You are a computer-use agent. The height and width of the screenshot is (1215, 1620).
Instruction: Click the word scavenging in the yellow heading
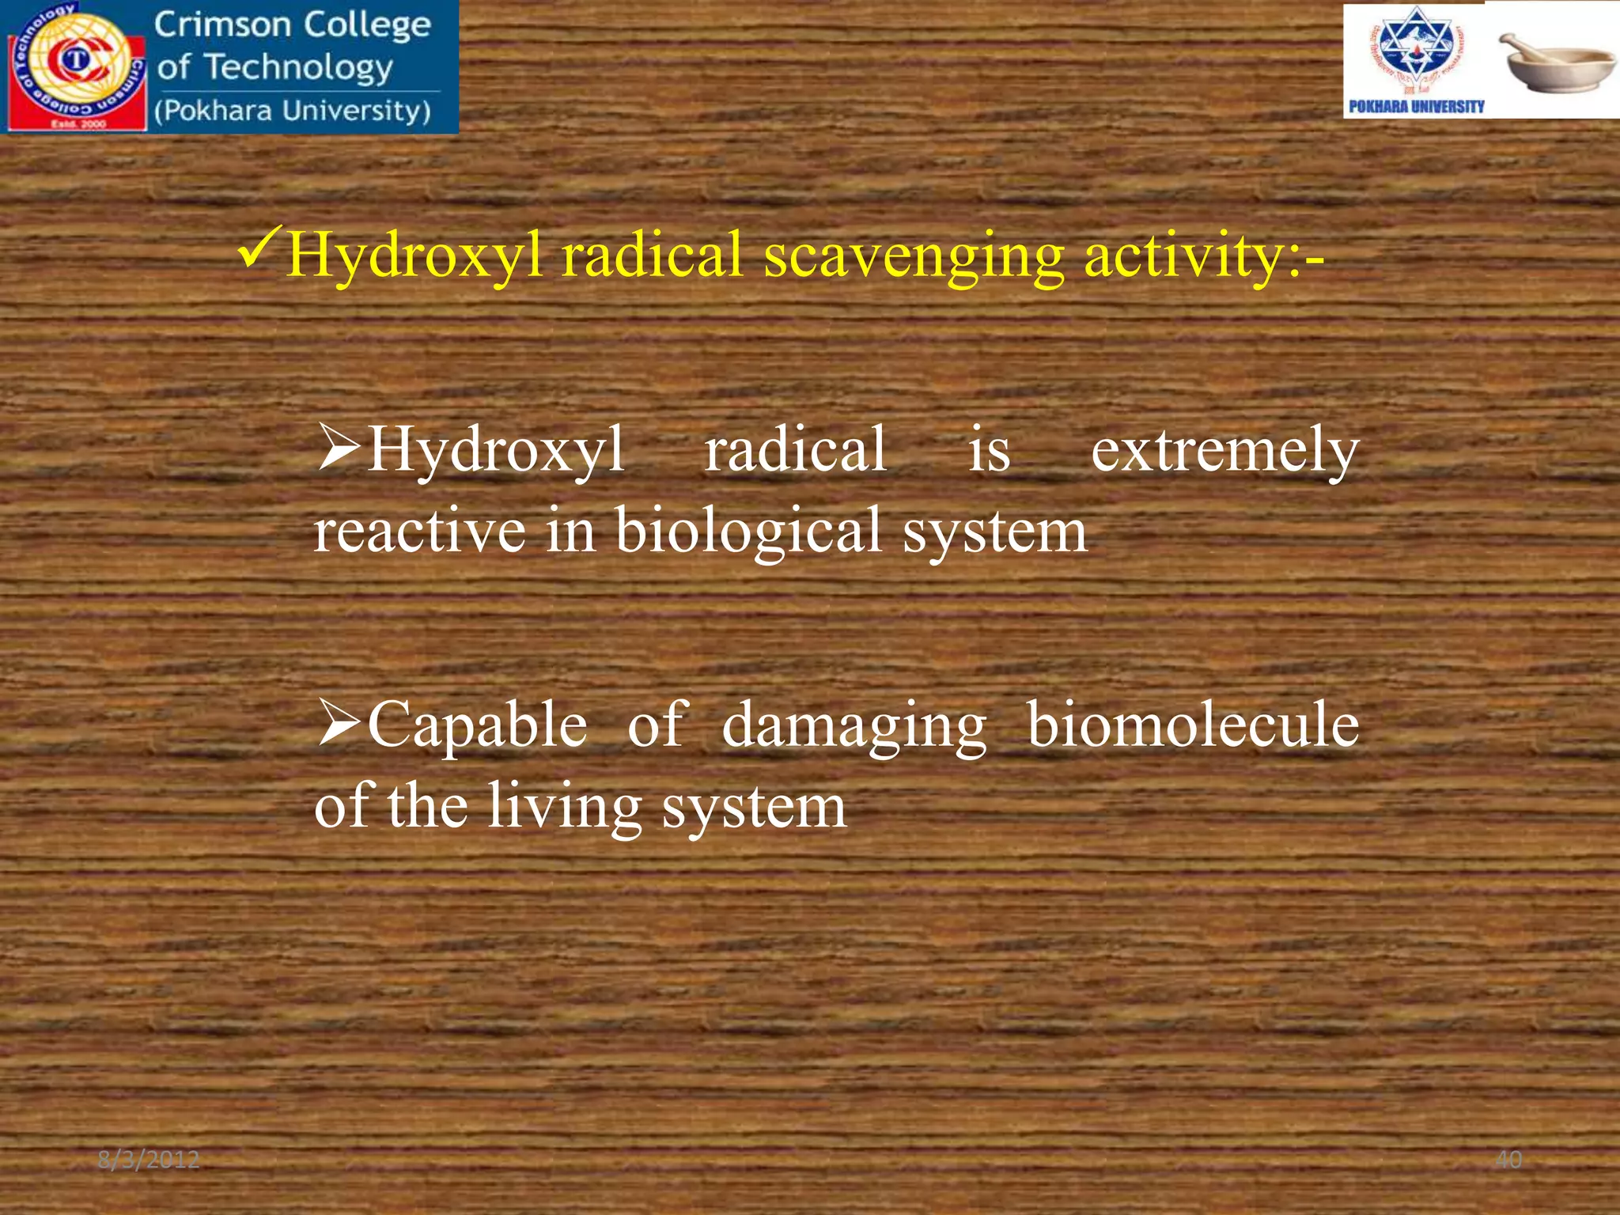pyautogui.click(x=914, y=257)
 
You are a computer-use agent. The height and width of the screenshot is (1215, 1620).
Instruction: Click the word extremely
pyautogui.click(x=1224, y=451)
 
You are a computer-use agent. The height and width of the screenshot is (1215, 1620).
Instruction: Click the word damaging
pyautogui.click(x=854, y=726)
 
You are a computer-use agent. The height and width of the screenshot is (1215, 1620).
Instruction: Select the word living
pyautogui.click(x=564, y=807)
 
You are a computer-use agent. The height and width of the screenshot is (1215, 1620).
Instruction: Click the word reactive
pyautogui.click(x=419, y=532)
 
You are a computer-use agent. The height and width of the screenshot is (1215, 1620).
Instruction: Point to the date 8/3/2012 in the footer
pyautogui.click(x=149, y=1160)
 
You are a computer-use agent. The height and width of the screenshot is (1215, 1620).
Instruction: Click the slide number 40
pyautogui.click(x=1508, y=1160)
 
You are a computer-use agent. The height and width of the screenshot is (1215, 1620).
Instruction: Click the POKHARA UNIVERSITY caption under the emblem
pyautogui.click(x=1416, y=107)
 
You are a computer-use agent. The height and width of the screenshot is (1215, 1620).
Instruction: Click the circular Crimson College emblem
pyautogui.click(x=76, y=63)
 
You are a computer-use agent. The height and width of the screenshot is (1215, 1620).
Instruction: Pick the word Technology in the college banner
pyautogui.click(x=298, y=68)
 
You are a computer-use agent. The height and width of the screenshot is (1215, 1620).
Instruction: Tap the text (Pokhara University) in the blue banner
pyautogui.click(x=293, y=111)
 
